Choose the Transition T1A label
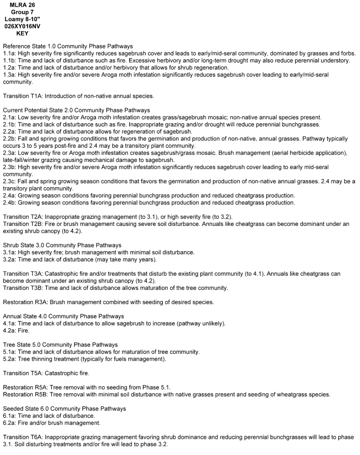(23, 96)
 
